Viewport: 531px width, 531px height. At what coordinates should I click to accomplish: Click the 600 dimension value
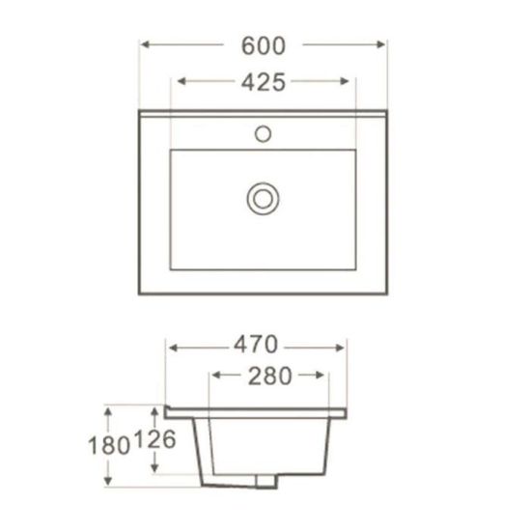[x=264, y=45]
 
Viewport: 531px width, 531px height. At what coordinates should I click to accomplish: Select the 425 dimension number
[x=264, y=82]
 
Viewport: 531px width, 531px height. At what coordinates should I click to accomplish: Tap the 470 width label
[x=256, y=345]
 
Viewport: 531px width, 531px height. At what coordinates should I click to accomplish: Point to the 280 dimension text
[x=270, y=376]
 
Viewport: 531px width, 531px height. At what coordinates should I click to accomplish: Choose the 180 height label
[x=109, y=445]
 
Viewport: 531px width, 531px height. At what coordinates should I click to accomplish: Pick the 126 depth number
[x=155, y=439]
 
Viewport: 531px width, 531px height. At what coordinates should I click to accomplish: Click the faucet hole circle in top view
[x=264, y=134]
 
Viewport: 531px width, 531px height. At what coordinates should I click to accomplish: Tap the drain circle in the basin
[x=264, y=199]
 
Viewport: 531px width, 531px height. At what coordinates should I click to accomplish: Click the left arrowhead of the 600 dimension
[x=145, y=44]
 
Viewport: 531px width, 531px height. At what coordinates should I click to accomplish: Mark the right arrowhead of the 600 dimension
[x=380, y=44]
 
